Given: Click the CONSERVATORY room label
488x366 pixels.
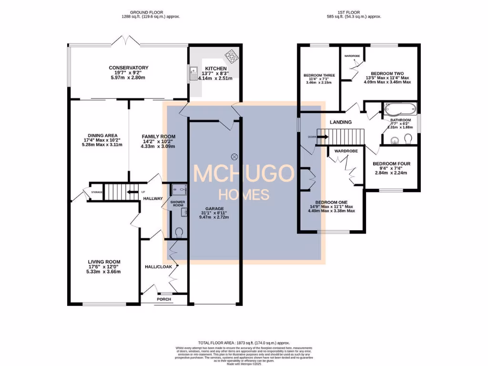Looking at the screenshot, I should (128, 68).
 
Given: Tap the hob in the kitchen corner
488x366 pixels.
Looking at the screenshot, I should (231, 56).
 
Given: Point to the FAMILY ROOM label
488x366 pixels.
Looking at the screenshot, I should (158, 137).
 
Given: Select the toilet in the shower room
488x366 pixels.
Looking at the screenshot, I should (179, 233).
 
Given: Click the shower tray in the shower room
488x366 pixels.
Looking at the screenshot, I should (178, 189).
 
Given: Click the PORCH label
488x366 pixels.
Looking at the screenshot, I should (164, 300).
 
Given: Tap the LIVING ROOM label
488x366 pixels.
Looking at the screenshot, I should (104, 262).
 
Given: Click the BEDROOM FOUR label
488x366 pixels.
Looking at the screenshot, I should (391, 164).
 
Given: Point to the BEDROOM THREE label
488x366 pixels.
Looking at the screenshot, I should (319, 75).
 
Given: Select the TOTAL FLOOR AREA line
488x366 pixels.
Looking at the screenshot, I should (244, 343).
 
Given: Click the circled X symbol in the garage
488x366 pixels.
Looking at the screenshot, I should (234, 156).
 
